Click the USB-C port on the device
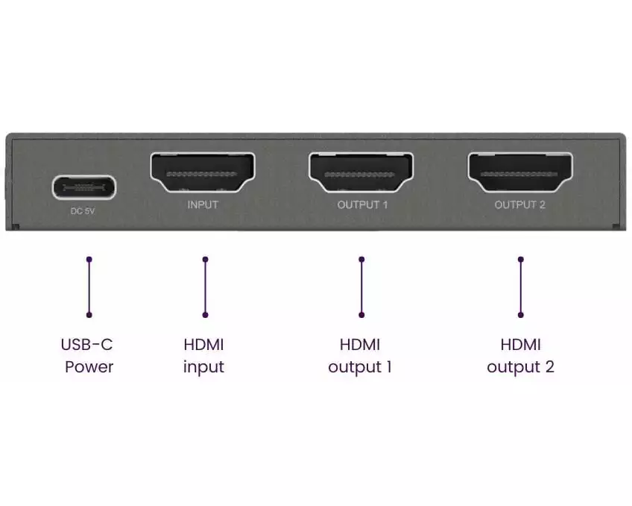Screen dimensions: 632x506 84,187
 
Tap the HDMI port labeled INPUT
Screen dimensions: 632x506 202,172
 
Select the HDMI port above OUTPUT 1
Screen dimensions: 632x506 361,172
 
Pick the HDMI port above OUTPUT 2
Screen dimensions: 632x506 520,172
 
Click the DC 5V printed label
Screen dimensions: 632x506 83,211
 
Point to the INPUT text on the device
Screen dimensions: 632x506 203,205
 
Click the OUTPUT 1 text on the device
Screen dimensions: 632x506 362,205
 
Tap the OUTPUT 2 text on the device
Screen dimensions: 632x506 520,205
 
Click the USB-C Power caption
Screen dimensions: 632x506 87,355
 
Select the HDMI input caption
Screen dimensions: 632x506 203,355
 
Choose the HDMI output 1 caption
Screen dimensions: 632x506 360,355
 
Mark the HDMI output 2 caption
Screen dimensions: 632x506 520,355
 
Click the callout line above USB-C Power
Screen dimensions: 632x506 89,287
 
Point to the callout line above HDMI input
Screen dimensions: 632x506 205,287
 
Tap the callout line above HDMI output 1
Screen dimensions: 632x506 361,287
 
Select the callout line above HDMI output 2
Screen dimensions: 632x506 521,287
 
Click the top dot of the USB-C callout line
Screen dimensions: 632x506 89,259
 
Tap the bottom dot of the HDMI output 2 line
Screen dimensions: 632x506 521,315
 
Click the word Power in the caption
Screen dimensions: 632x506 89,366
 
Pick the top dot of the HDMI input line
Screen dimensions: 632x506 205,259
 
